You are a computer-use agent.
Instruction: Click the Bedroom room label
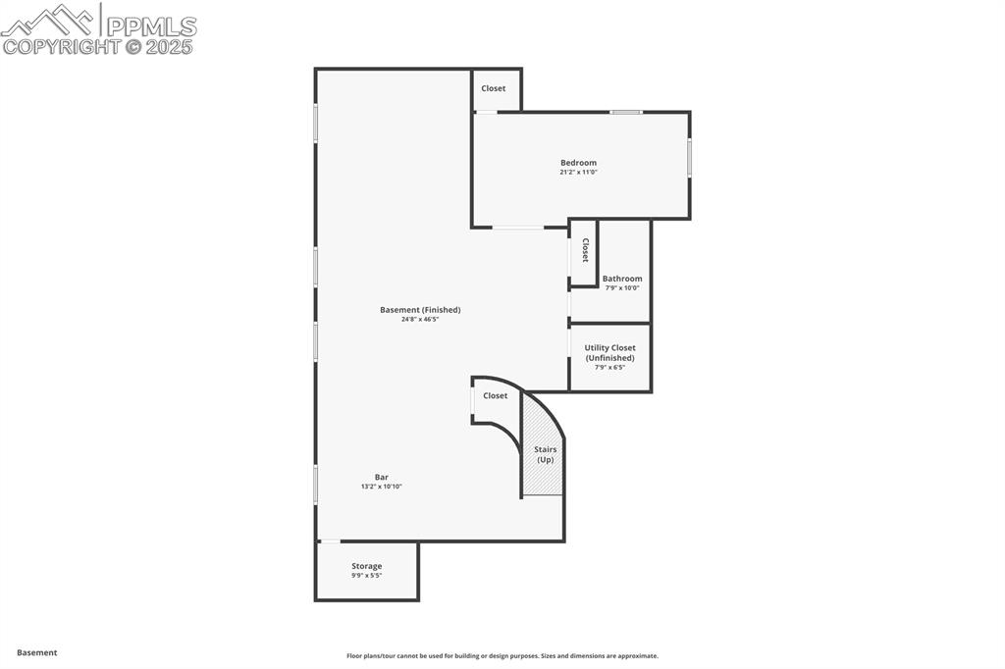(578, 163)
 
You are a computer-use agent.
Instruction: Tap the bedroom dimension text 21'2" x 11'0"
(578, 173)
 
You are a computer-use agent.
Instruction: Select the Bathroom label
(622, 279)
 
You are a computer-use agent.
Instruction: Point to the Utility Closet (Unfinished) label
(609, 353)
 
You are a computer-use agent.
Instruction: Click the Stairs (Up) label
(545, 454)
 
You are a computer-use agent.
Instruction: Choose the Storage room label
(367, 566)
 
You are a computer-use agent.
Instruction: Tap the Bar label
(381, 477)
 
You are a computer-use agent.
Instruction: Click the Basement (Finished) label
(420, 310)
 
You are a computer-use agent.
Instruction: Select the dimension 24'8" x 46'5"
(420, 320)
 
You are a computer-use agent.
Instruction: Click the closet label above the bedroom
(494, 88)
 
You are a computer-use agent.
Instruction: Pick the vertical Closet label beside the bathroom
(585, 251)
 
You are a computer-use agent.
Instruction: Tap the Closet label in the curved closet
(496, 395)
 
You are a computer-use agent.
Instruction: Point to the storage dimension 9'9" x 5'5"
(367, 576)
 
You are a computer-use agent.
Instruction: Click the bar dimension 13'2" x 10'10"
(382, 487)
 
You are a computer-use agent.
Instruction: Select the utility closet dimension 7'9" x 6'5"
(609, 368)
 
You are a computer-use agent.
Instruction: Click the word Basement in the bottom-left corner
(37, 652)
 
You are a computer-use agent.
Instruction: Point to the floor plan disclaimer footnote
(502, 656)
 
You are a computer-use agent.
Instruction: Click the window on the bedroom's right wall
(689, 157)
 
